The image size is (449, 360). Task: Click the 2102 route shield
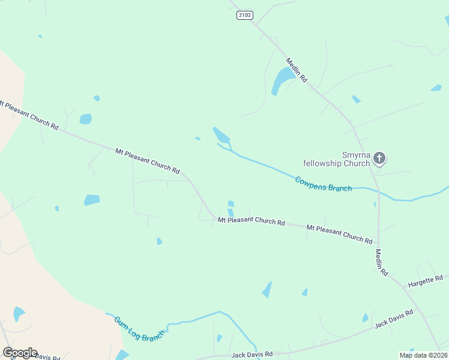(x=244, y=15)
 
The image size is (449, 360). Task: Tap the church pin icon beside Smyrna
(x=379, y=158)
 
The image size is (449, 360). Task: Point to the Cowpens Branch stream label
(x=323, y=184)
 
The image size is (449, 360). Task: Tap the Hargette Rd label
(x=425, y=281)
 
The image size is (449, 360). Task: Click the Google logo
(x=20, y=353)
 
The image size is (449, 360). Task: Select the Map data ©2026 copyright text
(x=424, y=355)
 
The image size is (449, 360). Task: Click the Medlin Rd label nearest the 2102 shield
(x=297, y=70)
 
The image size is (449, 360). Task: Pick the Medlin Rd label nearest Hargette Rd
(x=381, y=262)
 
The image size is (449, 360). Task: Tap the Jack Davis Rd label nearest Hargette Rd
(x=394, y=319)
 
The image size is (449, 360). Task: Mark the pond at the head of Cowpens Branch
(x=221, y=135)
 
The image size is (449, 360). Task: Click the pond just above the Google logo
(x=19, y=313)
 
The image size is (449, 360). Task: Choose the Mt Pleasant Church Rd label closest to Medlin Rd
(x=339, y=233)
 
